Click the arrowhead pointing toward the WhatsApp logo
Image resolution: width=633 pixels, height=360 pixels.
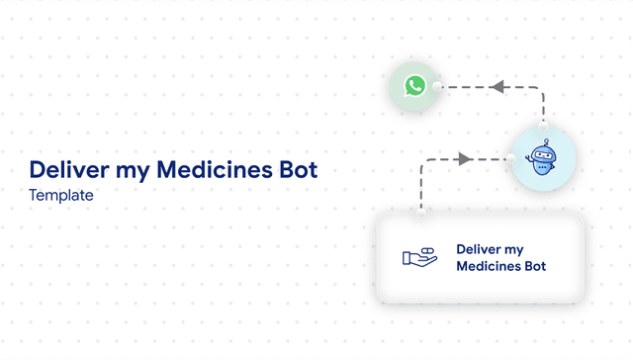[498, 87]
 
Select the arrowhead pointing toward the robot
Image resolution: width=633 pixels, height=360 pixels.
[465, 158]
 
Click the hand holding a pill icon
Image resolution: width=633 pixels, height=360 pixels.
[419, 256]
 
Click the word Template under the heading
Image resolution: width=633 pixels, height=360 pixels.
[61, 196]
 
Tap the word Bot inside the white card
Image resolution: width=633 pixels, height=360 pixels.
[534, 266]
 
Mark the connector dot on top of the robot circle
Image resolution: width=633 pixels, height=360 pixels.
[543, 129]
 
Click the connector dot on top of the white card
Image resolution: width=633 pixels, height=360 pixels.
[422, 212]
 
